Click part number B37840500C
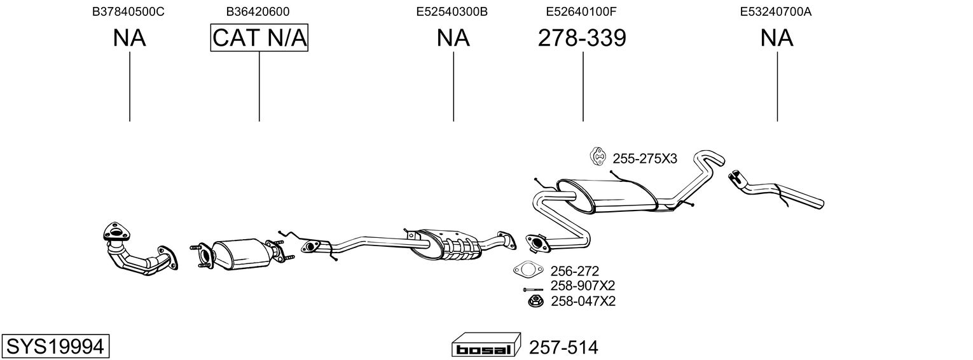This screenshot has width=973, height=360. click(x=129, y=11)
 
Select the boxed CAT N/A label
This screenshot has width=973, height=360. click(x=259, y=38)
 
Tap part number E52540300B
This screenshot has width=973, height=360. click(x=452, y=11)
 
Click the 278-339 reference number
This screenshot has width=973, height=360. click(x=582, y=38)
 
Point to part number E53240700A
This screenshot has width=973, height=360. click(x=776, y=11)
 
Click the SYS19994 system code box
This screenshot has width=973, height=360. click(x=55, y=347)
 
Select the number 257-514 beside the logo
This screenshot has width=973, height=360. click(x=563, y=347)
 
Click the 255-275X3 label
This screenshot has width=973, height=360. click(x=645, y=159)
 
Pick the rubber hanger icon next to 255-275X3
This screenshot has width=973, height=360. click(x=598, y=156)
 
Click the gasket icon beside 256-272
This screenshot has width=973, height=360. click(x=526, y=270)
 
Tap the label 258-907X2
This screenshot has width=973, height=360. click(x=583, y=286)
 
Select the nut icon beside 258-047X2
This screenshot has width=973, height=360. click(x=534, y=301)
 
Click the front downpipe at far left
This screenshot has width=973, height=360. click(x=137, y=250)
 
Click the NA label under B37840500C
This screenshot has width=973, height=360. click(x=129, y=38)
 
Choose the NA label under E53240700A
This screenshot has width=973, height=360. click(x=776, y=38)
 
